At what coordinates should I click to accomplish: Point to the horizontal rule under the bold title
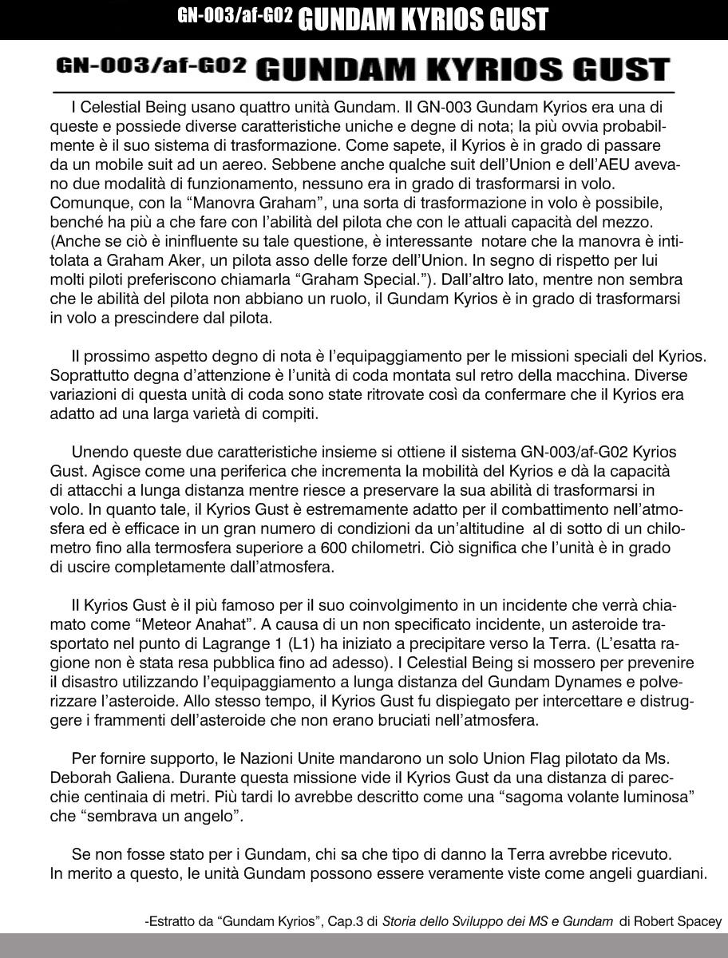tap(363, 93)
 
